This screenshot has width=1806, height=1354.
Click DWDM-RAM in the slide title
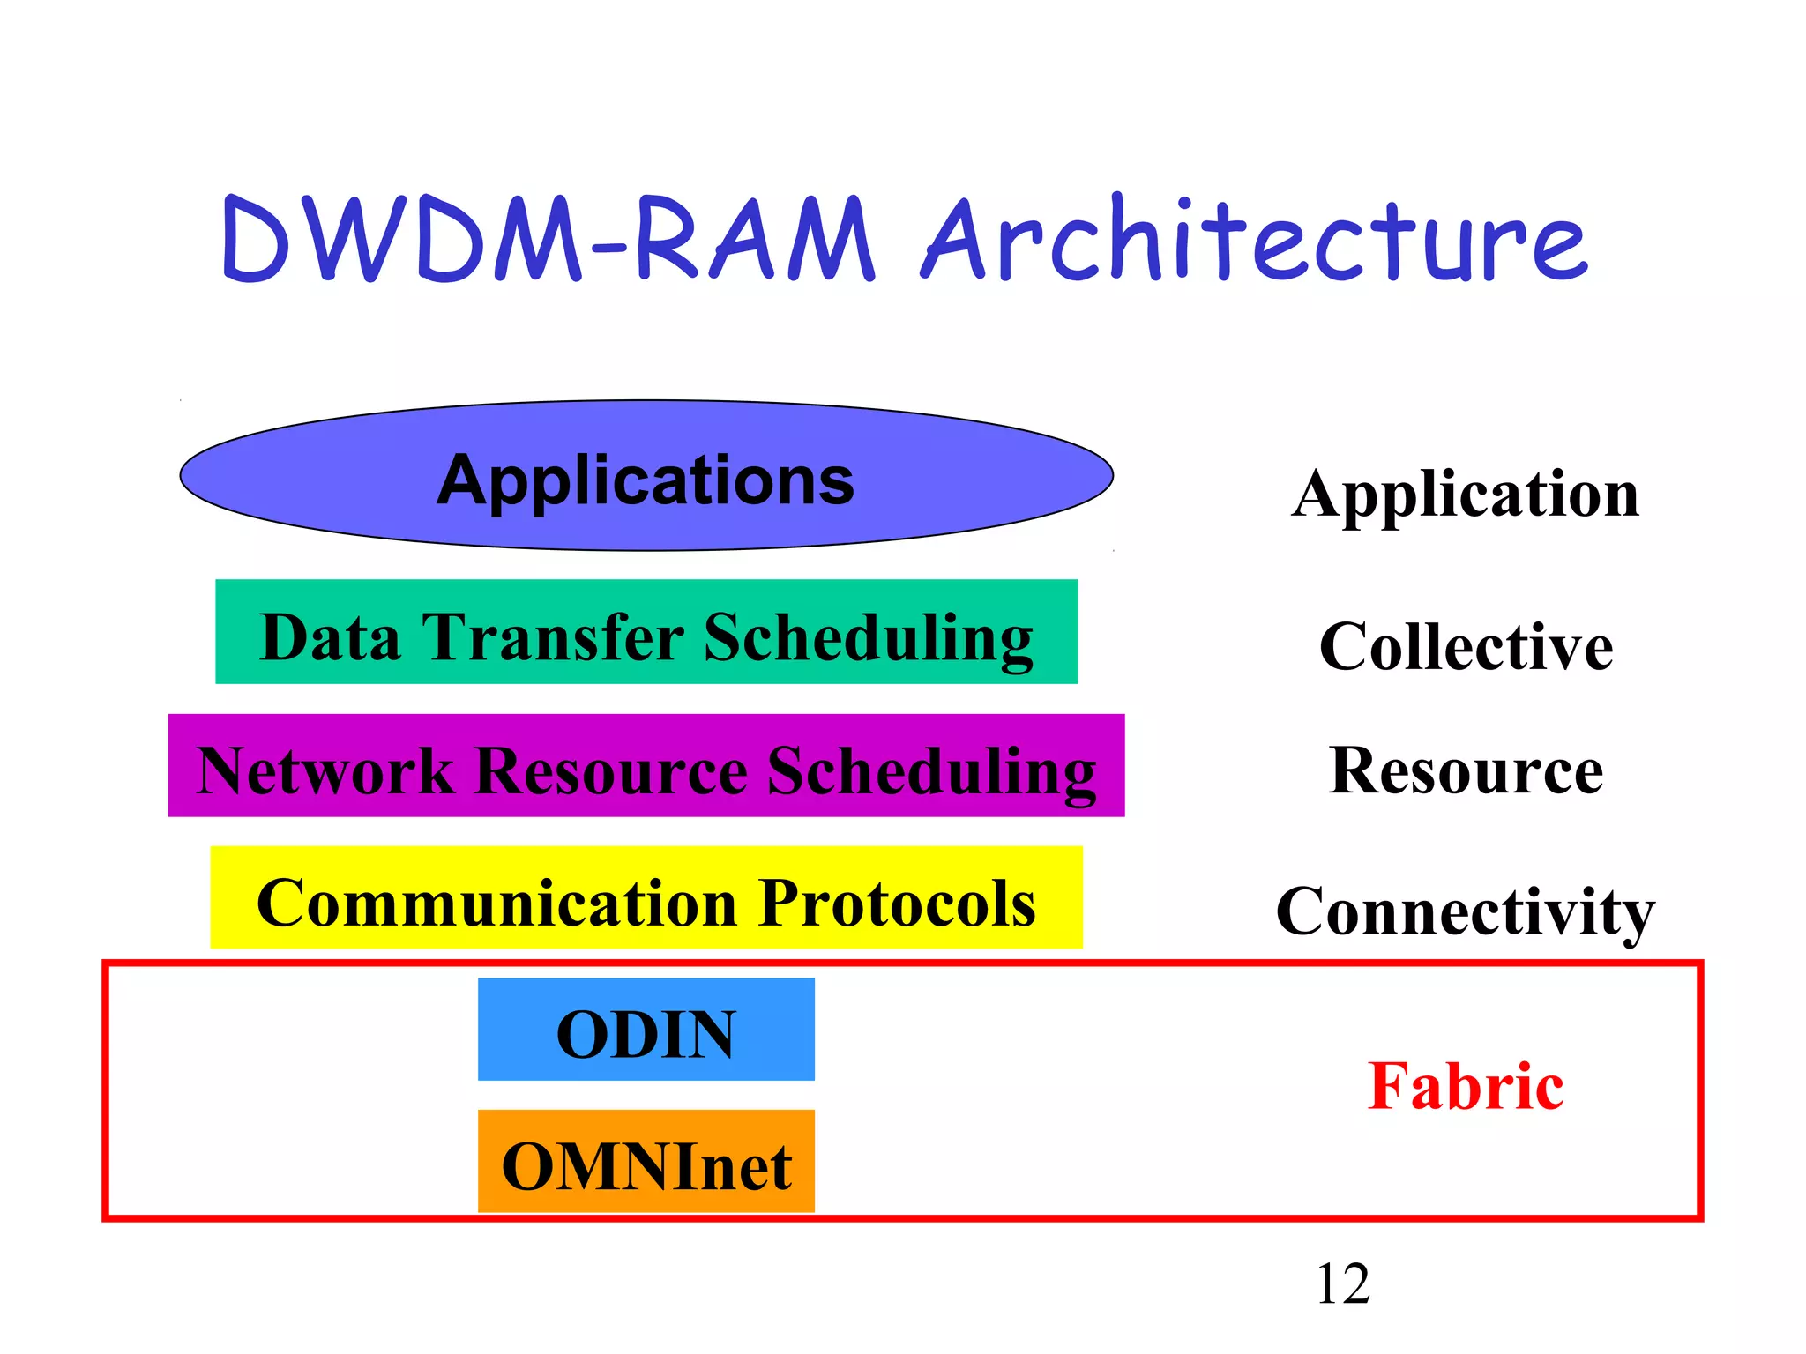pyautogui.click(x=547, y=240)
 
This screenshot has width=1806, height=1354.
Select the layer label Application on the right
pyautogui.click(x=1465, y=495)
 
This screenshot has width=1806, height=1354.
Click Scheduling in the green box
pyautogui.click(x=868, y=638)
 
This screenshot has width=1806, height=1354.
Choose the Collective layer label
pyautogui.click(x=1466, y=647)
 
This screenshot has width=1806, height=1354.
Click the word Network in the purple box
pyautogui.click(x=325, y=771)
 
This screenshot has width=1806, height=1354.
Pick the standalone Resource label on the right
pyautogui.click(x=1466, y=771)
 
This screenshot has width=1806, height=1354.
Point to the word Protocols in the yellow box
pyautogui.click(x=897, y=904)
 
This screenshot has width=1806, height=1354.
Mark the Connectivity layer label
pyautogui.click(x=1465, y=912)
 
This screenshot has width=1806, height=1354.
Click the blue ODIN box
pyautogui.click(x=646, y=1030)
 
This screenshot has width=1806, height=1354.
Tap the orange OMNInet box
pyautogui.click(x=646, y=1162)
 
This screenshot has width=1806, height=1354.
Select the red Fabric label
pyautogui.click(x=1466, y=1086)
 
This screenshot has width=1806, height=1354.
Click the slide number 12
pyautogui.click(x=1342, y=1284)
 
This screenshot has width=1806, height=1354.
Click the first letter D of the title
pyautogui.click(x=256, y=240)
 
